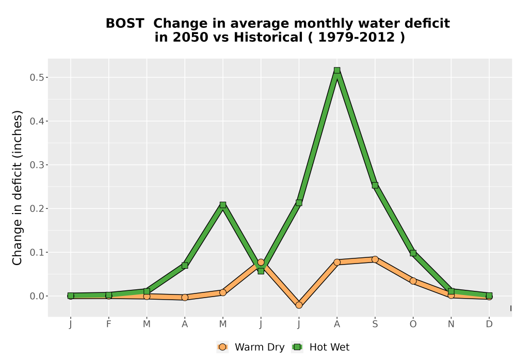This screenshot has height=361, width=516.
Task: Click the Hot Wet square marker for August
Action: [336, 70]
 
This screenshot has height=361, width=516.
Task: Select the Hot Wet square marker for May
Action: [223, 205]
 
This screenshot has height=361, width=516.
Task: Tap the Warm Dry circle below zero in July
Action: [299, 305]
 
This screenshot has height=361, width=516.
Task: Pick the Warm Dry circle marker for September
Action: [375, 259]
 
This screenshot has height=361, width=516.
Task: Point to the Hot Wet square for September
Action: [375, 186]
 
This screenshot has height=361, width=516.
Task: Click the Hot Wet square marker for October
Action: [413, 253]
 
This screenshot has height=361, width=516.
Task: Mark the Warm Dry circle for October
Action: [413, 281]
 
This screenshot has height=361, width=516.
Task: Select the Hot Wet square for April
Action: [185, 265]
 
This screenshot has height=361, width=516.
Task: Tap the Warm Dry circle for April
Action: [185, 298]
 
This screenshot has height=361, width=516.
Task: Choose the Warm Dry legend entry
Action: [250, 347]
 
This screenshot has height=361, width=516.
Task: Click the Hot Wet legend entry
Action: [320, 347]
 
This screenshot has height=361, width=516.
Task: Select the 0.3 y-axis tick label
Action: [37, 165]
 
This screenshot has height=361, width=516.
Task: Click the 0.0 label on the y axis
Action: [37, 296]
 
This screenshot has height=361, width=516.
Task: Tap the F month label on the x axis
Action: [108, 324]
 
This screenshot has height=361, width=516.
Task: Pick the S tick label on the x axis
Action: [375, 324]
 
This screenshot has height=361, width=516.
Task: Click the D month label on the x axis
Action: [489, 324]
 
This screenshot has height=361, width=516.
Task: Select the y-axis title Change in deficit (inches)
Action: [17, 188]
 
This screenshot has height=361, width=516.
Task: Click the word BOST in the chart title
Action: [125, 24]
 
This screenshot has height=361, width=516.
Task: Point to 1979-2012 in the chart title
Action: [357, 38]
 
